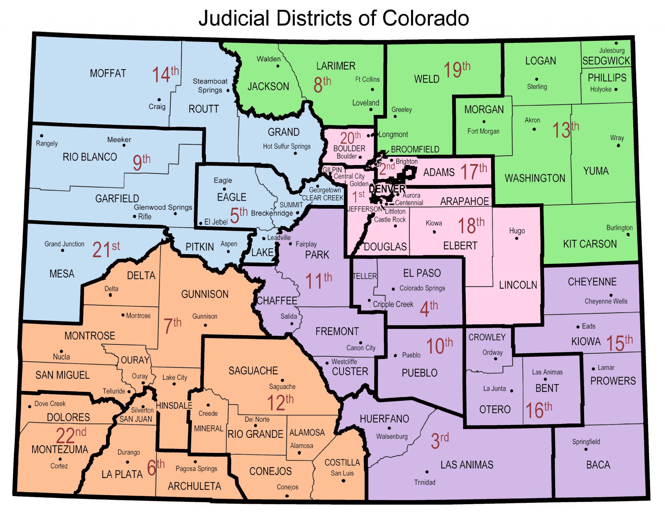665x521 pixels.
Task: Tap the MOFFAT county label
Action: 108,73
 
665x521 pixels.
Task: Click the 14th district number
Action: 165,74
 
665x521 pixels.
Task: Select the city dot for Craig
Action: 159,100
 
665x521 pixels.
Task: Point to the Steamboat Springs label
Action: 210,85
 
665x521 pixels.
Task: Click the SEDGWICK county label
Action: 606,61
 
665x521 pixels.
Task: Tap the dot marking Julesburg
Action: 616,43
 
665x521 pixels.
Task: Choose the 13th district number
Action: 565,130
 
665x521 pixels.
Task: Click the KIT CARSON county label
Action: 590,244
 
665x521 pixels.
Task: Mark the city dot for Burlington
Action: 628,234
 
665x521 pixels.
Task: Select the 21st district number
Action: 106,249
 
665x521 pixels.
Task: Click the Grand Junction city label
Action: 64,244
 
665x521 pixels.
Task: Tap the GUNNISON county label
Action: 205,294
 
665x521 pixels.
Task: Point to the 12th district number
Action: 280,402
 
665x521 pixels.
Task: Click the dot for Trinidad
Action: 427,472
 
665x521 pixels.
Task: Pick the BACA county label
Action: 598,465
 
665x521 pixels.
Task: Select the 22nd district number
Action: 71,435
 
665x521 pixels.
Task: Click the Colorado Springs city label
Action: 422,288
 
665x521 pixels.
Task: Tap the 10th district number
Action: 439,345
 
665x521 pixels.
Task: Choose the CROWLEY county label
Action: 487,337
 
